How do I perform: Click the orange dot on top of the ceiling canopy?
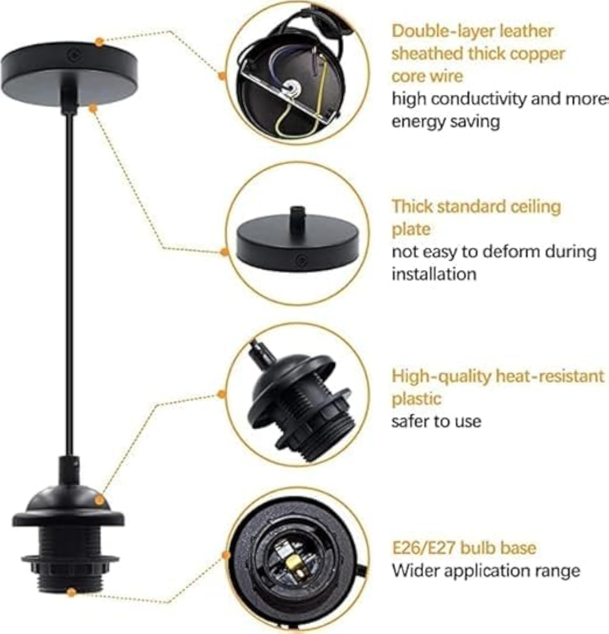[x=99, y=42]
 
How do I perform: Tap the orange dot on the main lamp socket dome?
[x=99, y=501]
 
